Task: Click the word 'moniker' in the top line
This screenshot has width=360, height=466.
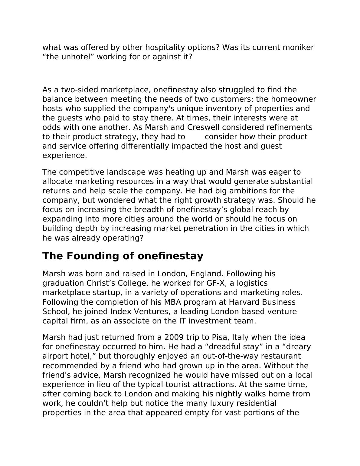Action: point(298,48)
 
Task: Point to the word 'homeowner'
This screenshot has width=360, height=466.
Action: point(293,99)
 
